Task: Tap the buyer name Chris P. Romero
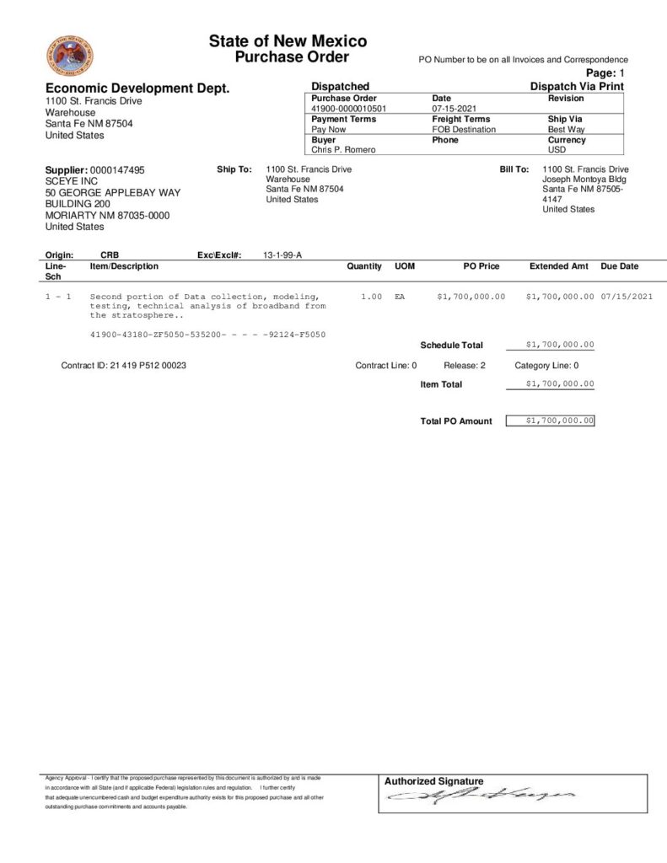[x=342, y=150]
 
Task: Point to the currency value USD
[x=557, y=150]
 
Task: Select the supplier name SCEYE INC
[x=72, y=181]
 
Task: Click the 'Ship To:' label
[x=234, y=169]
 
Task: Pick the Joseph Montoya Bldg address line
[x=584, y=180]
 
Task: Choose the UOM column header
[x=405, y=266]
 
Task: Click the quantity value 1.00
[x=371, y=297]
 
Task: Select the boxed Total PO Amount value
[x=550, y=421]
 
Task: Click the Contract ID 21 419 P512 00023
[x=124, y=366]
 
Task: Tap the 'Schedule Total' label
[x=452, y=346]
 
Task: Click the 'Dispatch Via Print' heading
[x=577, y=87]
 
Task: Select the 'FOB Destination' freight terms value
[x=464, y=130]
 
